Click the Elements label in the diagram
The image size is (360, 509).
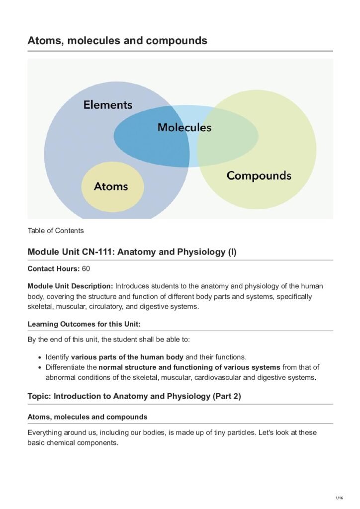107,105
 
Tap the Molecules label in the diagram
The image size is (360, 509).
184,127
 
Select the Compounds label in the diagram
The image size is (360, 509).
259,175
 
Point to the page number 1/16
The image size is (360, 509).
340,498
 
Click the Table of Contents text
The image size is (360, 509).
56,231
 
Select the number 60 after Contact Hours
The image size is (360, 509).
86,268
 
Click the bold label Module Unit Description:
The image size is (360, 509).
70,286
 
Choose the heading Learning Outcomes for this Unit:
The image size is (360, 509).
84,324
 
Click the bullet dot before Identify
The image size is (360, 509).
40,357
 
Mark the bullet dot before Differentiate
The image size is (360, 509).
40,368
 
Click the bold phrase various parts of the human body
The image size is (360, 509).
127,357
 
